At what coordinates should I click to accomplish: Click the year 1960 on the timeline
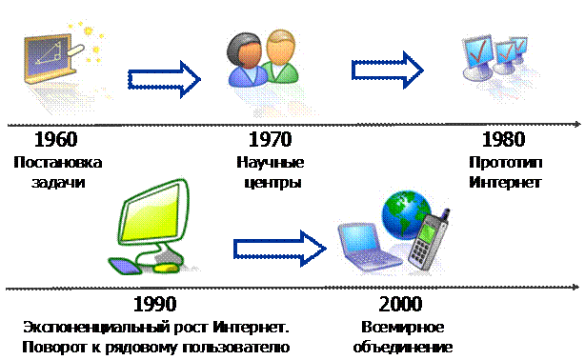tap(56, 139)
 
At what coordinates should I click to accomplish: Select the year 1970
tap(271, 139)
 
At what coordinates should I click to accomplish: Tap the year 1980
tap(504, 139)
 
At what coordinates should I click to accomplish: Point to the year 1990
tap(155, 304)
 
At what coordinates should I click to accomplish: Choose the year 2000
tap(401, 304)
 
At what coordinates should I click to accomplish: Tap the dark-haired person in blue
tap(246, 60)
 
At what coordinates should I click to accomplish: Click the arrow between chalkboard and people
tap(164, 79)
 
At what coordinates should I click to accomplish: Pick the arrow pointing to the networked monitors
tap(387, 70)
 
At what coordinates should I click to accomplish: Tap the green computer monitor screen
tap(153, 215)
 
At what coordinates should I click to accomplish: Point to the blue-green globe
tap(405, 214)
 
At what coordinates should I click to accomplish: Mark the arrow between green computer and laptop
tap(280, 249)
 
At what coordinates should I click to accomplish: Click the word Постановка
tap(58, 163)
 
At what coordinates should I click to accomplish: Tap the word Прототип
tap(506, 163)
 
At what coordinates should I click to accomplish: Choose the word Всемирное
tap(403, 328)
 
